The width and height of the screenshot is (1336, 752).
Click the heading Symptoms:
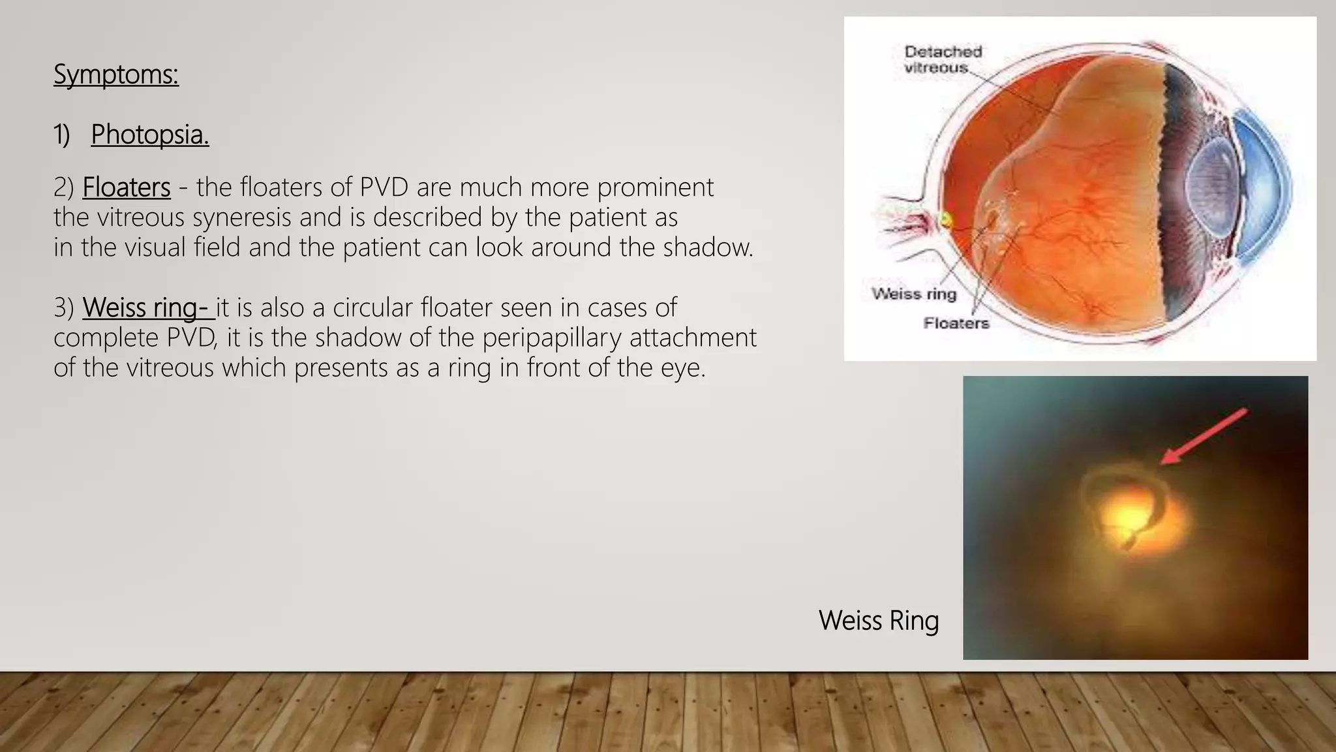115,74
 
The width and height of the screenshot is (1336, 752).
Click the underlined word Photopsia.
149,134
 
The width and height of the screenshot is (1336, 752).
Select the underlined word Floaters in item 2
126,187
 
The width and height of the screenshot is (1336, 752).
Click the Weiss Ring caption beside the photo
878,620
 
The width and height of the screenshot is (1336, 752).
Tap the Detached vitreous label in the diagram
942,59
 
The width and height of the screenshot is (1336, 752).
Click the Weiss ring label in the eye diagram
913,294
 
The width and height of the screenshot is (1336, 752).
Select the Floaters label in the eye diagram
956,323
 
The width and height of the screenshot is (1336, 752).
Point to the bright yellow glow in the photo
1129,516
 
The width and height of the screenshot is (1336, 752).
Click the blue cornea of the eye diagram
1269,189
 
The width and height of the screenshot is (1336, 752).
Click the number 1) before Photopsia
61,134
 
